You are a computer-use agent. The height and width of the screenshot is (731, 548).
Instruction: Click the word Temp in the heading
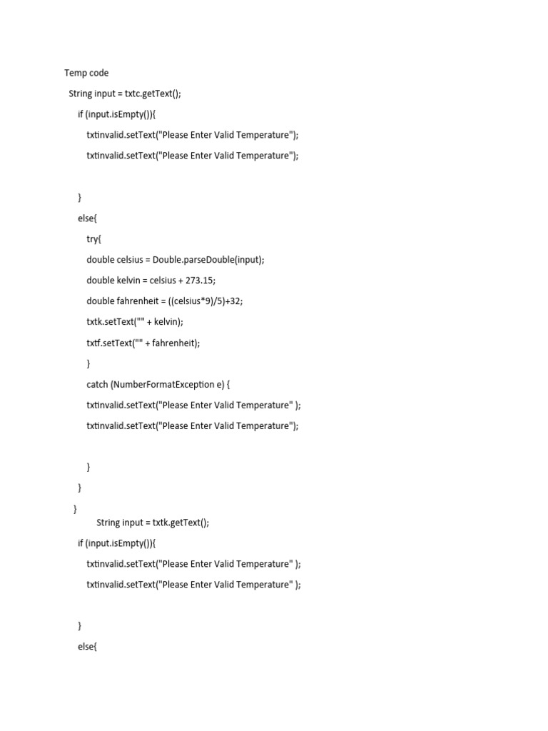76,73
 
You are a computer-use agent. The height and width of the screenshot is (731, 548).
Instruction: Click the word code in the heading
99,73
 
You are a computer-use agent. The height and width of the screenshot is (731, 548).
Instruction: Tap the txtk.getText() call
181,522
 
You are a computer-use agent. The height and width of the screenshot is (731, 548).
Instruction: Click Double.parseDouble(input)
208,260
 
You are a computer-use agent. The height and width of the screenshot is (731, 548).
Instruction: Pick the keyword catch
97,384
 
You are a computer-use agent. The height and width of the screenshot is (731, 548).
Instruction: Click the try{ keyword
94,239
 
